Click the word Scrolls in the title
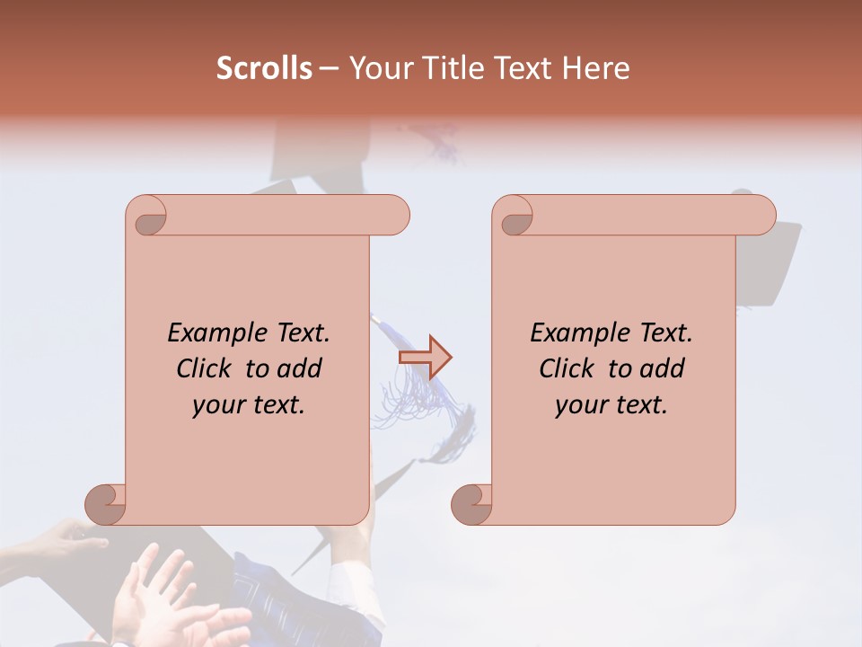click(x=264, y=68)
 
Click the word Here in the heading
click(x=596, y=68)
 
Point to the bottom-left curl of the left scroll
click(x=106, y=503)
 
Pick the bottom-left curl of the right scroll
click(x=472, y=503)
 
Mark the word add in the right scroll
click(x=663, y=368)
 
